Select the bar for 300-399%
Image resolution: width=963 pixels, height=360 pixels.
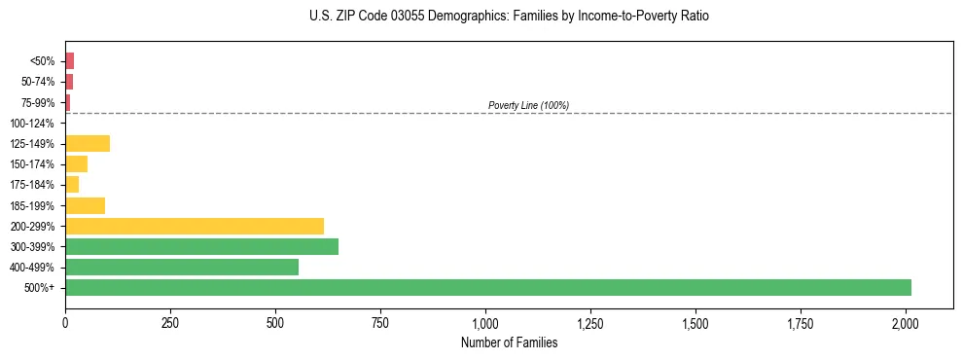coord(201,247)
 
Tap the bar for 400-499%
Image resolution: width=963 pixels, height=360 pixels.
coord(182,268)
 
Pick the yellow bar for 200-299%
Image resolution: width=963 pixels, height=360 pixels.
coord(195,226)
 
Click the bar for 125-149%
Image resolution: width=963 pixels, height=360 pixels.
coord(88,144)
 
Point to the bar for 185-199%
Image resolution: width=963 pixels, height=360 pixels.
coord(85,205)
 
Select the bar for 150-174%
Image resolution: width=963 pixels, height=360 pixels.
coord(77,164)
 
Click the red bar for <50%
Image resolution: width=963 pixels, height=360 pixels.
coord(70,61)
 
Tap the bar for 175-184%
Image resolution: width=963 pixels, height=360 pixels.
coord(72,185)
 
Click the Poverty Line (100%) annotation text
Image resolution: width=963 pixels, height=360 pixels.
coord(528,105)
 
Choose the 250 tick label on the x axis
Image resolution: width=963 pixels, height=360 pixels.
coord(170,321)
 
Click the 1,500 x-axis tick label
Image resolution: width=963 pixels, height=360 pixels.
coord(695,321)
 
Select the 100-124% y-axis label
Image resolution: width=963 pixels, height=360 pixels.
coord(32,124)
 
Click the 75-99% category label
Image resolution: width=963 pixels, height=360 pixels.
coord(37,103)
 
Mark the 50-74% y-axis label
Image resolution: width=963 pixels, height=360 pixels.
coord(37,82)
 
